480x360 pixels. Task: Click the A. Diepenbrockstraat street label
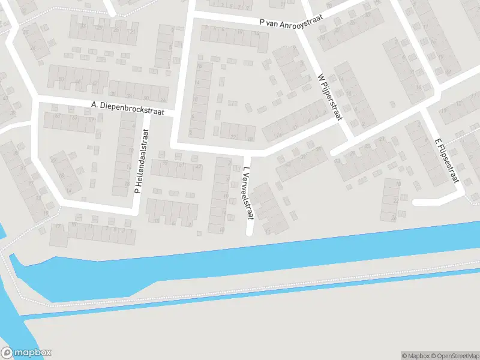coord(132,109)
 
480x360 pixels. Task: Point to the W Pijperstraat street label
coord(329,97)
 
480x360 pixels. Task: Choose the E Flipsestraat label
coord(447,160)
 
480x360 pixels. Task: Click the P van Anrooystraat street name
coord(291,20)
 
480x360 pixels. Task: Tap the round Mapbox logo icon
coord(8,352)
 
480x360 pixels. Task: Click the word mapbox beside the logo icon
coord(32,353)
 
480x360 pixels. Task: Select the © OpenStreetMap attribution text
coord(454,356)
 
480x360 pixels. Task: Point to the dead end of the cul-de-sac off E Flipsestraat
coord(415,202)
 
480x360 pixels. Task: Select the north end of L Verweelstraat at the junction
coord(246,151)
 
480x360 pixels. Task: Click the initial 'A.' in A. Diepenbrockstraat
coord(94,104)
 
